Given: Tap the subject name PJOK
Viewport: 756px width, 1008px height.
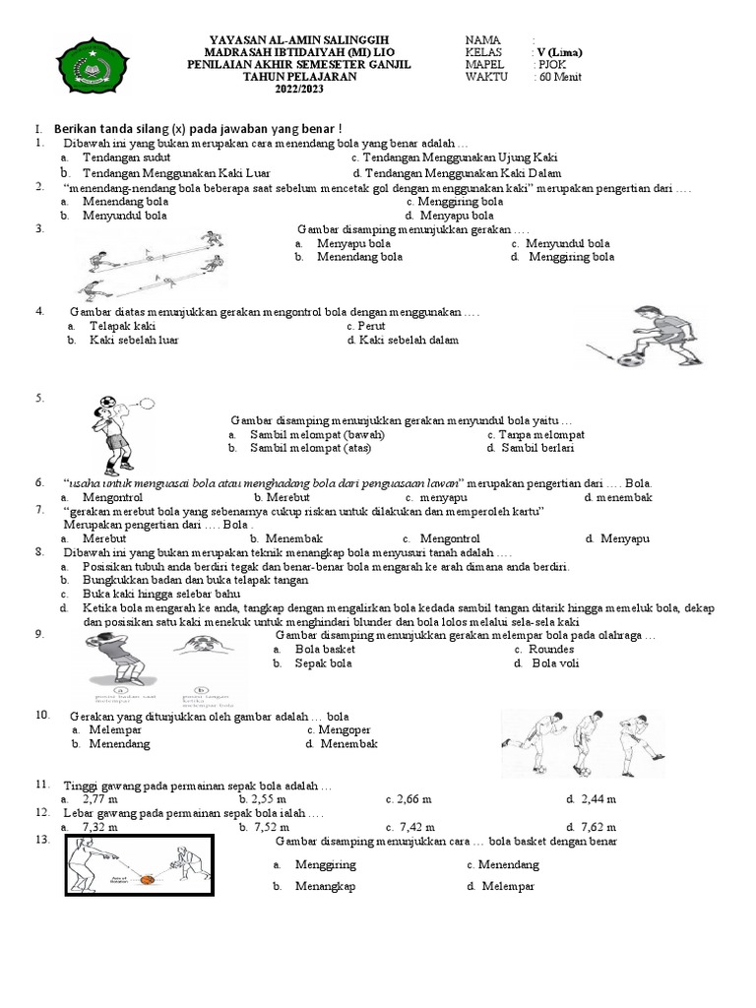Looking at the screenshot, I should coord(551,65).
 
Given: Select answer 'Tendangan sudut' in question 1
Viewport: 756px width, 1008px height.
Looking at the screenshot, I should coord(126,157).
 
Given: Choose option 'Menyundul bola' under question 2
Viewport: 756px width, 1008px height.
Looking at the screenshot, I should coord(126,216).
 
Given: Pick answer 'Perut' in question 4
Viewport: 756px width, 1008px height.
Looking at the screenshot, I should coord(372,326).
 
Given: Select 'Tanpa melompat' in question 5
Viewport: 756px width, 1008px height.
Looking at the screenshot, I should coord(541,434).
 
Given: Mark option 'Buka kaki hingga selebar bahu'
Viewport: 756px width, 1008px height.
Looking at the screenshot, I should coord(161,595).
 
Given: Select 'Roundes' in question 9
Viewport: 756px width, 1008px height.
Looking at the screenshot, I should coord(551,650).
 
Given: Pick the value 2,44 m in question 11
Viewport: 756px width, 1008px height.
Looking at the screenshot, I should coord(598,799).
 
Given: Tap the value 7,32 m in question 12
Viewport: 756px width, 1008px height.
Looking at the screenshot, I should coord(100,828).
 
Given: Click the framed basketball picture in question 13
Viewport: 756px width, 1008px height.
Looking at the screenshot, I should coord(139,866).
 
